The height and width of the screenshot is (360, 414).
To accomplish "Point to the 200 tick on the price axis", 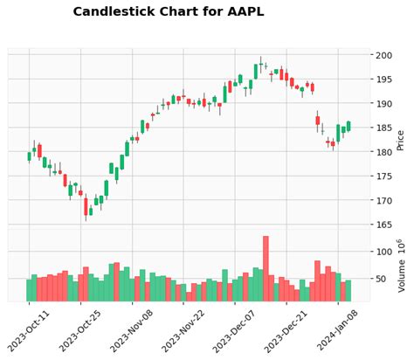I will click(385, 55).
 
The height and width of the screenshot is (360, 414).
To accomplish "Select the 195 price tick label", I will click(385, 80).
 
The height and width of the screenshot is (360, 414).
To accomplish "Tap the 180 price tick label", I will click(385, 152).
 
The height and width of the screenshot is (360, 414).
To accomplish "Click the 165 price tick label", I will click(385, 225).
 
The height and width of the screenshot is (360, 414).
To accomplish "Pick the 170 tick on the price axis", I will click(385, 200).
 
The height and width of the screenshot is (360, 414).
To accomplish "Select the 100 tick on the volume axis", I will click(385, 252).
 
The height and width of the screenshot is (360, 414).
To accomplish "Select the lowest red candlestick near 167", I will click(86, 206).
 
